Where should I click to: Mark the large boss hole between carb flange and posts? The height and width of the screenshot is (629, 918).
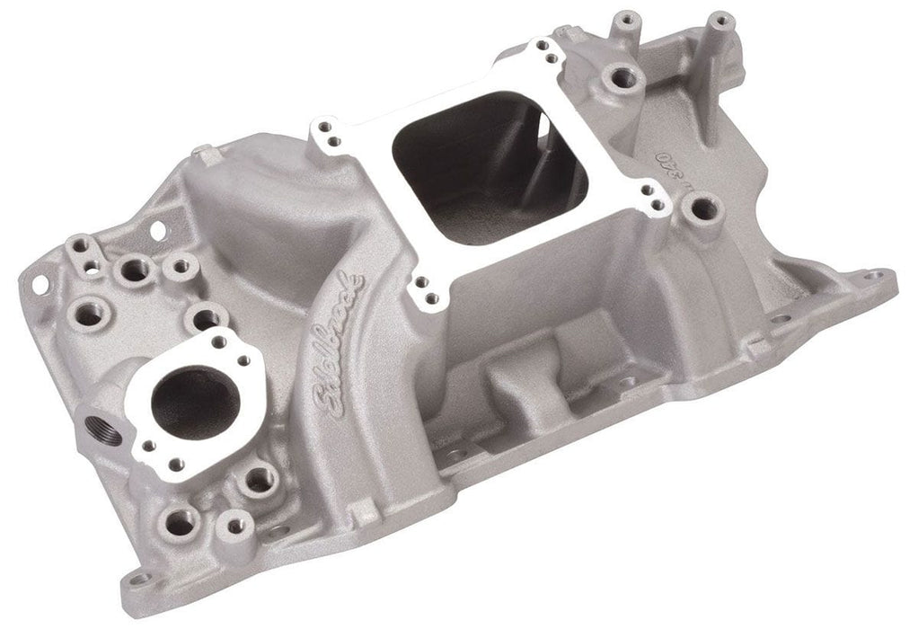pyautogui.click(x=619, y=79)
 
